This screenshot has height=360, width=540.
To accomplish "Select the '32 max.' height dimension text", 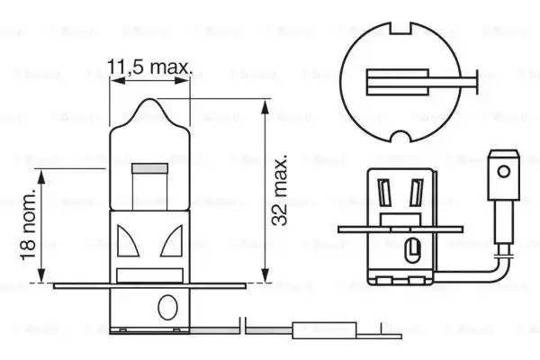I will tap(282, 190).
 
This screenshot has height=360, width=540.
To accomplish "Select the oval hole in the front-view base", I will tap(165, 308).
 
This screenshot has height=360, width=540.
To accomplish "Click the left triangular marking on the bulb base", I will tap(127, 241).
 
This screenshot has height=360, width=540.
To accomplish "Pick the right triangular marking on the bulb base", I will tap(174, 241).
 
